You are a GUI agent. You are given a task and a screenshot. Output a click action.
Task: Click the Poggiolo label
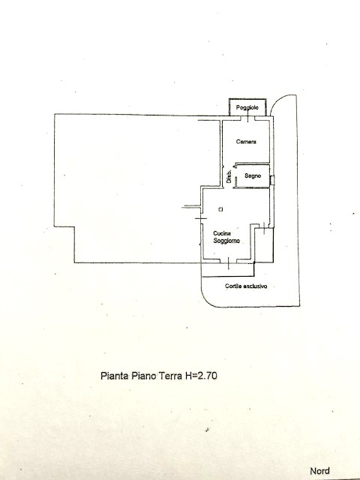pyautogui.click(x=247, y=108)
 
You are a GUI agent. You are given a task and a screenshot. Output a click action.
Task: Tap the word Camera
pyautogui.click(x=246, y=142)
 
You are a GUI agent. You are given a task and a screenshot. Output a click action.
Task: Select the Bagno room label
pyautogui.click(x=253, y=175)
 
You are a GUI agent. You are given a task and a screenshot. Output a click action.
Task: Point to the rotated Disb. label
pyautogui.click(x=229, y=177)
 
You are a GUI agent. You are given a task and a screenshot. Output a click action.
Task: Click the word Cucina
pyautogui.click(x=222, y=233)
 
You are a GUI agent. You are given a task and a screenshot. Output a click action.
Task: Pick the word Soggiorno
pyautogui.click(x=226, y=241)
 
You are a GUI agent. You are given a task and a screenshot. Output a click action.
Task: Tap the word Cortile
pyautogui.click(x=233, y=286)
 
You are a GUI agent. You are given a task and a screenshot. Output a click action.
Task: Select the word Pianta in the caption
pyautogui.click(x=115, y=376)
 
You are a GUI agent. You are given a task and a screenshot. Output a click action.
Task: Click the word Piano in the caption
pyautogui.click(x=144, y=376)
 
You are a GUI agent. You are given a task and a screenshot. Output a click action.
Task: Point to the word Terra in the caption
pyautogui.click(x=170, y=376)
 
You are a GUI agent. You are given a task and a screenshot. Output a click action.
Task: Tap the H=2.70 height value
pyautogui.click(x=201, y=376)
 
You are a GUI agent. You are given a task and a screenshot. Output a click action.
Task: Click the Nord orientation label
pyautogui.click(x=320, y=471)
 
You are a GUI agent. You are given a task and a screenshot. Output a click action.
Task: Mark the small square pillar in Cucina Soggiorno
pyautogui.click(x=220, y=209)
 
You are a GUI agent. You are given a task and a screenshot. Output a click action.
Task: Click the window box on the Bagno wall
pyautogui.click(x=272, y=180)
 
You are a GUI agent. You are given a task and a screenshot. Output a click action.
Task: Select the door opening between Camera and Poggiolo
pyautogui.click(x=248, y=118)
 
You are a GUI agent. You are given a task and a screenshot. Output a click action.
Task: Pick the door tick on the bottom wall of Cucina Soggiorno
pyautogui.click(x=229, y=262)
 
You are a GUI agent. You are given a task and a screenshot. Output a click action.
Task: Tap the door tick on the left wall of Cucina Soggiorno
pyautogui.click(x=201, y=218)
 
